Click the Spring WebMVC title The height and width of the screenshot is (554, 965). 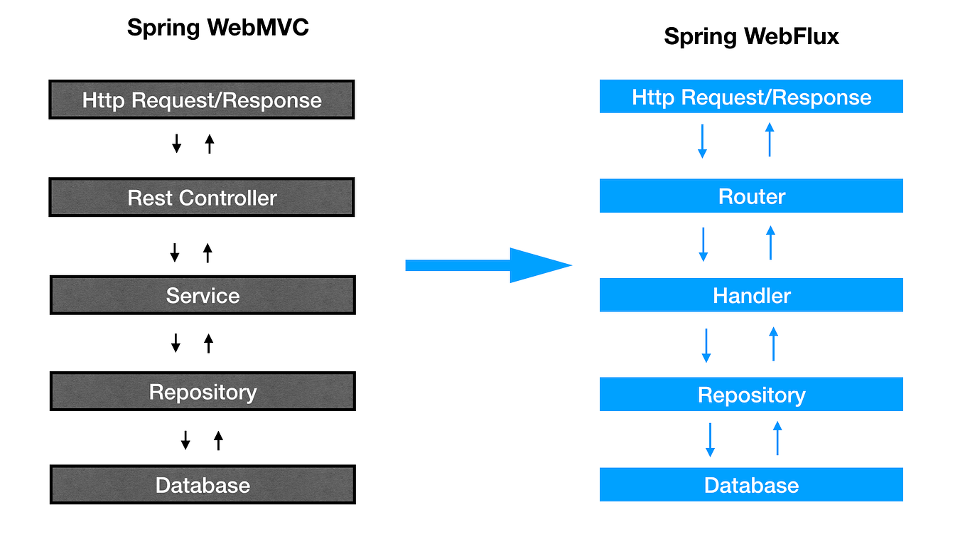pyautogui.click(x=217, y=28)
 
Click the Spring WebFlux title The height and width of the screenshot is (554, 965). pyautogui.click(x=751, y=36)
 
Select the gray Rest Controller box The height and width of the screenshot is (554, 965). pyautogui.click(x=202, y=198)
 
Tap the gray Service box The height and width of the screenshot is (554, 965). pyautogui.click(x=203, y=296)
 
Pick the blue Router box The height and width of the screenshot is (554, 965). pyautogui.click(x=751, y=196)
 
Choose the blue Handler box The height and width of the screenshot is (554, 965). pyautogui.click(x=751, y=295)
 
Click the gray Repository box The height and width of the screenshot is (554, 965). pyautogui.click(x=203, y=392)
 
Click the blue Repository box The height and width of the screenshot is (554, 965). pyautogui.click(x=751, y=395)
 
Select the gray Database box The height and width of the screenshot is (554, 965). pyautogui.click(x=203, y=485)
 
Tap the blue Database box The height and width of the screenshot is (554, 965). pyautogui.click(x=751, y=485)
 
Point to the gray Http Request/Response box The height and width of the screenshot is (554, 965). pyautogui.click(x=202, y=100)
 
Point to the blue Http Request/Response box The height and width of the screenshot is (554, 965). pyautogui.click(x=751, y=97)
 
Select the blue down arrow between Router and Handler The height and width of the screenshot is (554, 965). pyautogui.click(x=703, y=244)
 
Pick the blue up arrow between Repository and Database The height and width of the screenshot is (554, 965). pyautogui.click(x=777, y=438)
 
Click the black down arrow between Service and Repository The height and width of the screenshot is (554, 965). pyautogui.click(x=176, y=343)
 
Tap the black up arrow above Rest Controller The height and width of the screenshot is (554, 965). pyautogui.click(x=209, y=144)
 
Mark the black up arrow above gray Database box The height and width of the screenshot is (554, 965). pyautogui.click(x=218, y=440)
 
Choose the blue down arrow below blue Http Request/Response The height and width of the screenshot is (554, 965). pyautogui.click(x=702, y=141)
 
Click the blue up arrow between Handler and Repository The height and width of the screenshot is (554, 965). pyautogui.click(x=773, y=343)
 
